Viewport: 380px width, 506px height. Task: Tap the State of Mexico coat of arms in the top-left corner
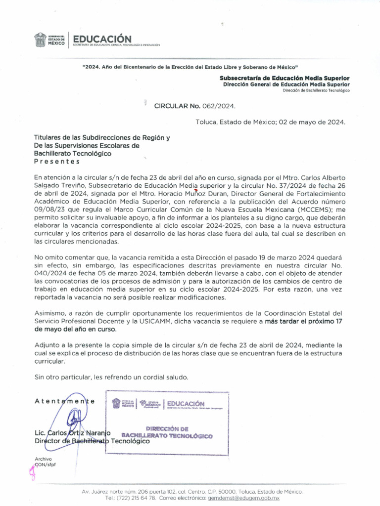40,40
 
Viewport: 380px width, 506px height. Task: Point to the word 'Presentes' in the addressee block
56,162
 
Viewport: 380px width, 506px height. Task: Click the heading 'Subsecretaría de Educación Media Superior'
285,78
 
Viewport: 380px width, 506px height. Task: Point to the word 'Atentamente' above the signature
64,401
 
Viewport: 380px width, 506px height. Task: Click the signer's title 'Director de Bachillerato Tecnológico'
92,441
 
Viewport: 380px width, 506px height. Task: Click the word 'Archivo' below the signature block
43,459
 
